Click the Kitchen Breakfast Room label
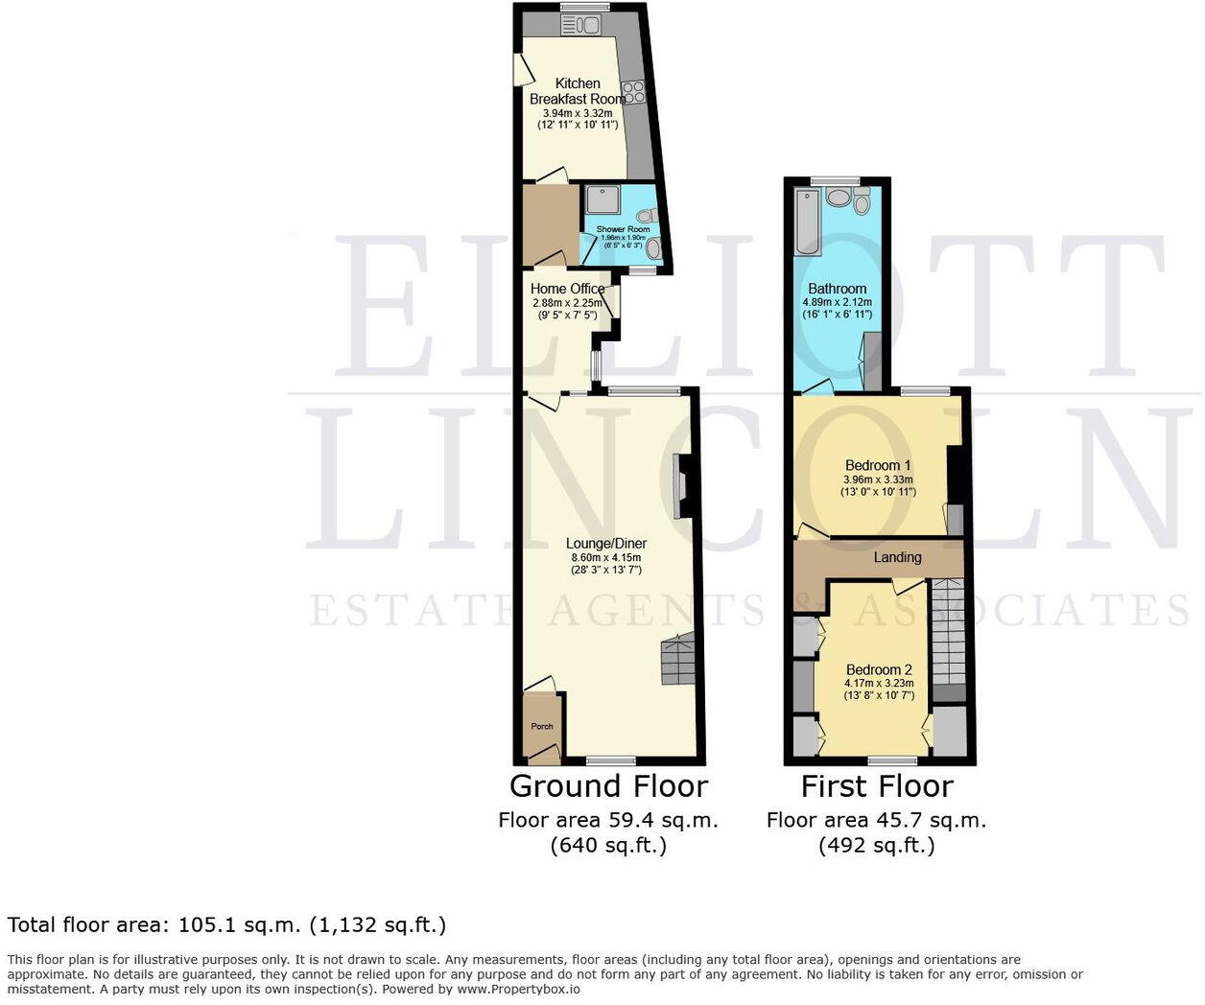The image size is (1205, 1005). click(578, 91)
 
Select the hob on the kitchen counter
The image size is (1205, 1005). click(635, 92)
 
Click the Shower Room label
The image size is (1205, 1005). click(623, 229)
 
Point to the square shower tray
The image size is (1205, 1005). click(603, 200)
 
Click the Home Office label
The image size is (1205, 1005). click(568, 289)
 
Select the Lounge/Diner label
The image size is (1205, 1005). click(608, 544)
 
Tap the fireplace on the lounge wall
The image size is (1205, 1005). click(680, 486)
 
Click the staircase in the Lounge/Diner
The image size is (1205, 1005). click(676, 661)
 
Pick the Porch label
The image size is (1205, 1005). click(542, 726)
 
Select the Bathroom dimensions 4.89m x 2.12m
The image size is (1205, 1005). click(838, 302)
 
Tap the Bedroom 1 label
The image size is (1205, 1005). click(878, 466)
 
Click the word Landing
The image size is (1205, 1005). click(898, 557)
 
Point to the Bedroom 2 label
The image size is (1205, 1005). click(879, 669)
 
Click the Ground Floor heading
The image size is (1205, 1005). click(608, 786)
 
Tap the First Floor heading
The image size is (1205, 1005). click(877, 786)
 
